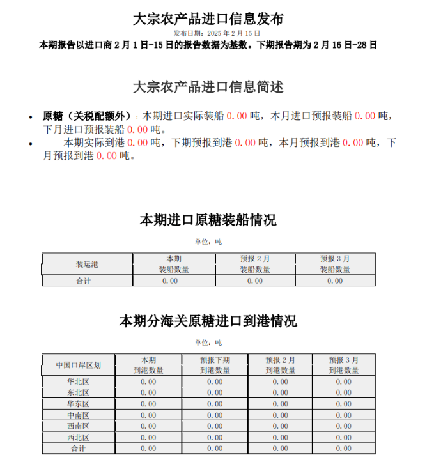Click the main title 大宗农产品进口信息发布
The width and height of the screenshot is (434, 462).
tap(208, 19)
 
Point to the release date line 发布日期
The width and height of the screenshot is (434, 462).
tap(217, 33)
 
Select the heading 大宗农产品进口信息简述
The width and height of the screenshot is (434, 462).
tap(208, 86)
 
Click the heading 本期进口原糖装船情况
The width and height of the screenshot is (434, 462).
tap(208, 220)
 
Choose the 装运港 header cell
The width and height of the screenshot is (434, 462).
tap(87, 264)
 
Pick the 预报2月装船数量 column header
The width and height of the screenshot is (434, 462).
tap(255, 264)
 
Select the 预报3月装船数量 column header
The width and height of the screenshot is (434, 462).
tap(335, 264)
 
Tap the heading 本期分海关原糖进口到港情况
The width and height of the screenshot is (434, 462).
tap(208, 321)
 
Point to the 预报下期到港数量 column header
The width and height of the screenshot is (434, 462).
tap(215, 365)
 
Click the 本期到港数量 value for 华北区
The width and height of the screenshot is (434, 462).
tap(148, 382)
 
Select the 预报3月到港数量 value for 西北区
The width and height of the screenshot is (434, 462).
tap(344, 438)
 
